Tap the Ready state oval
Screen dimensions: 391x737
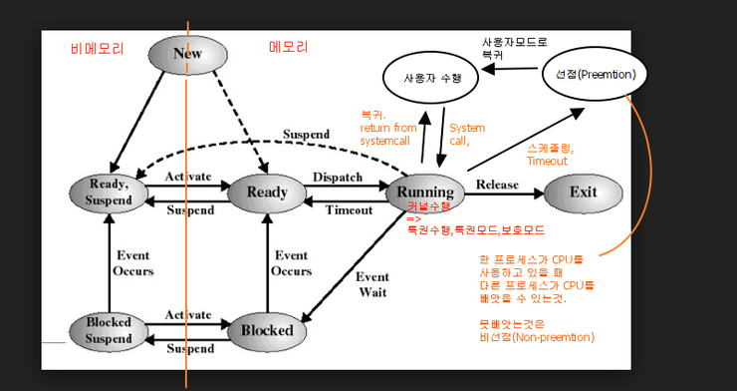267,192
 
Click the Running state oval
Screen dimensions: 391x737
425,192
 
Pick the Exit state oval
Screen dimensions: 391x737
584,192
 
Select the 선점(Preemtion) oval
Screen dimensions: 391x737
596,74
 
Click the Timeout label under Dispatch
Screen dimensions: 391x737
350,209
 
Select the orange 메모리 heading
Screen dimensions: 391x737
289,47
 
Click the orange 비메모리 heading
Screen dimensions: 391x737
93,47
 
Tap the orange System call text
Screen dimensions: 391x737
466,135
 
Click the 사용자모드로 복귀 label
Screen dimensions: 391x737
513,48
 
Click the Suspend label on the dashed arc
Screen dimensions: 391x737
306,134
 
